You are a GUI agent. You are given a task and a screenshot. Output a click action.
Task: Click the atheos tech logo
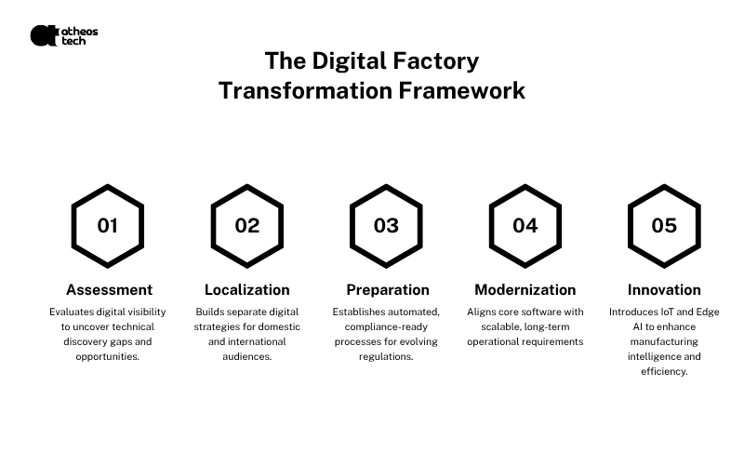pyautogui.click(x=64, y=35)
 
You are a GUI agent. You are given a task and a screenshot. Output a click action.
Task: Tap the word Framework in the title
pyautogui.click(x=461, y=90)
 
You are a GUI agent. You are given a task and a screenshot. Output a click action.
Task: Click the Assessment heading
pyautogui.click(x=109, y=289)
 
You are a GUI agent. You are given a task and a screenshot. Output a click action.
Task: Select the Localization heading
pyautogui.click(x=247, y=289)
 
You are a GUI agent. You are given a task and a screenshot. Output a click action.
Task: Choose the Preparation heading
pyautogui.click(x=388, y=290)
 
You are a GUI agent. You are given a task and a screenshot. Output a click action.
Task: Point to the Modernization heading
pyautogui.click(x=525, y=289)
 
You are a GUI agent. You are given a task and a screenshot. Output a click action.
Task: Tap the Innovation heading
pyautogui.click(x=664, y=289)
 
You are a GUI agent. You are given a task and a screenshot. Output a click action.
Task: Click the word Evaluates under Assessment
pyautogui.click(x=72, y=312)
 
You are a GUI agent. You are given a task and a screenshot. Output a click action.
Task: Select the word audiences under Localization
pyautogui.click(x=246, y=356)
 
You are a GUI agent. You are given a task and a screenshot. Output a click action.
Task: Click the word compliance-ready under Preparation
pyautogui.click(x=386, y=327)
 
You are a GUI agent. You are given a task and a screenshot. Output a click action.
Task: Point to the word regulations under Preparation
pyautogui.click(x=386, y=357)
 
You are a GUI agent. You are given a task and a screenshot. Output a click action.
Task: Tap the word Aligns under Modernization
pyautogui.click(x=481, y=312)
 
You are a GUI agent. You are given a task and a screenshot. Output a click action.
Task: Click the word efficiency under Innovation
pyautogui.click(x=664, y=371)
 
